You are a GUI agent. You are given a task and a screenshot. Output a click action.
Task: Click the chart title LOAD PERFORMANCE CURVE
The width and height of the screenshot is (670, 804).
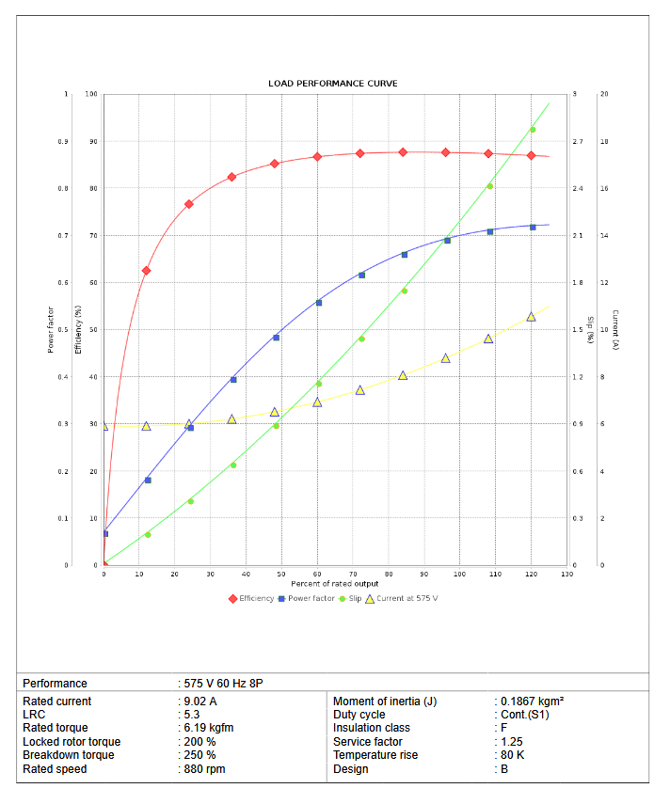333,84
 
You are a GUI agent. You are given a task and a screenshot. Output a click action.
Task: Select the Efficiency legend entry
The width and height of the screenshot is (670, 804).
251,598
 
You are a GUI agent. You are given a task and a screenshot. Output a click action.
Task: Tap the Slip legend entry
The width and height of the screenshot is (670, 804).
350,598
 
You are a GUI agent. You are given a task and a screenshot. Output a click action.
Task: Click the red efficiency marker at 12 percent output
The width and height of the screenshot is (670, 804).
146,271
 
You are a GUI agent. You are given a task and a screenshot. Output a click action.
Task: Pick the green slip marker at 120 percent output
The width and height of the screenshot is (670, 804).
533,130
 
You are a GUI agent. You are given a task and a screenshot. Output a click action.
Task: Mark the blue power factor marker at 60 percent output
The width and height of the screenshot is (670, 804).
319,303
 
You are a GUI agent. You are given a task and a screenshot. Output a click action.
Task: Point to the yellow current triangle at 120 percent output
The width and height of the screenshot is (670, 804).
531,317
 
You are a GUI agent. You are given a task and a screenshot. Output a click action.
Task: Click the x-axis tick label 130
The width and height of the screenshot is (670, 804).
566,574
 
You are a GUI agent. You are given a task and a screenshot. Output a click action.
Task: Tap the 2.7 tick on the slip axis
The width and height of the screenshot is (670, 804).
578,142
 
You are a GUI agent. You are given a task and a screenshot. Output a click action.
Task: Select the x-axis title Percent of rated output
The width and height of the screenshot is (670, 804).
335,584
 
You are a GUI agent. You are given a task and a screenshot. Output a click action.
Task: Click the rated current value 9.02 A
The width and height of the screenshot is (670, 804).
200,702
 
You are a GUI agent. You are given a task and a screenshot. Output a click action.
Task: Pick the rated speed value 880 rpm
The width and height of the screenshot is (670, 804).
205,769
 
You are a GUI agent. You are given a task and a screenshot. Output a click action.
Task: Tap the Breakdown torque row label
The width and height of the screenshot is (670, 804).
69,755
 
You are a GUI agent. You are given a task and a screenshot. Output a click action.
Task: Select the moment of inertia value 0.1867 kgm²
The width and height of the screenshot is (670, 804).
532,702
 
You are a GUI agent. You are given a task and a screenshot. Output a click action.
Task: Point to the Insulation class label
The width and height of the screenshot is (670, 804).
372,728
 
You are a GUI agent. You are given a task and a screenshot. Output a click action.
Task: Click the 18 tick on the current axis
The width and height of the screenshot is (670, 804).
604,142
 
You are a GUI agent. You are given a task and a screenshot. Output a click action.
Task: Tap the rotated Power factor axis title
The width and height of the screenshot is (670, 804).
51,329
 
